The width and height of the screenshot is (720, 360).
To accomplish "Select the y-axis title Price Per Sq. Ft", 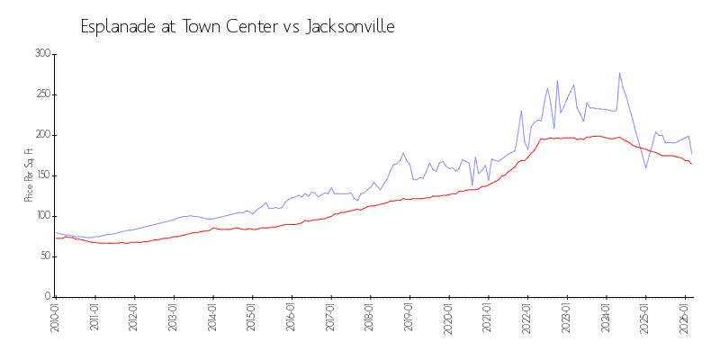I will click(29, 175).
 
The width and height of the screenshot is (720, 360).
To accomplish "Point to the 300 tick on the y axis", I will click(41, 54).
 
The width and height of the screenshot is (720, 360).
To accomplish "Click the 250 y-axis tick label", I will click(41, 94).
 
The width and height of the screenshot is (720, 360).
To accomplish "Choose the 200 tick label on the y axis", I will click(41, 135).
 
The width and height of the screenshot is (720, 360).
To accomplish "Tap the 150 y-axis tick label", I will click(41, 175).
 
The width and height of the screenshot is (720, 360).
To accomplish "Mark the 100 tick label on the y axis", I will click(41, 216).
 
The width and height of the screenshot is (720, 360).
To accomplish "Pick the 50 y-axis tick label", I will click(43, 256).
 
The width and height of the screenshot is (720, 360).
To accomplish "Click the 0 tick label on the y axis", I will click(47, 297).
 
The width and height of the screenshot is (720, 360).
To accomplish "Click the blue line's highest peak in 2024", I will click(619, 73).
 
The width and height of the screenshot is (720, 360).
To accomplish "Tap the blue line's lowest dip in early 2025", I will click(645, 167).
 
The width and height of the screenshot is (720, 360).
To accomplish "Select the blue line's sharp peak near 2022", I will click(521, 111).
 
